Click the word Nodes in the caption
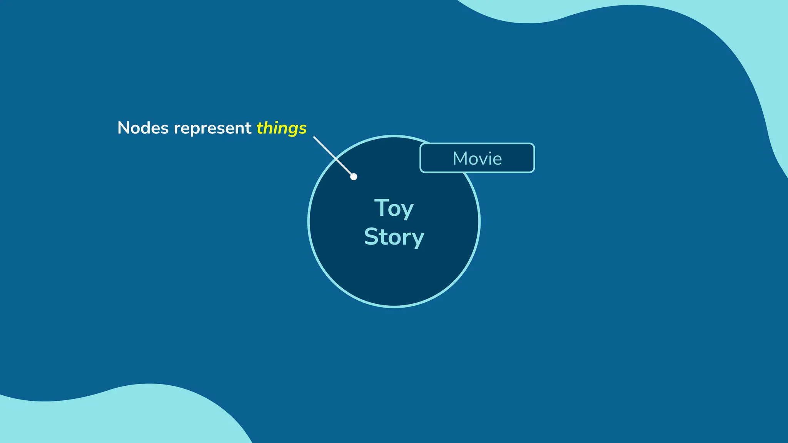143,128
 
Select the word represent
212,128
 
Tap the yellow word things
282,128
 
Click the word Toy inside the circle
394,208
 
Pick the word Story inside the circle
394,237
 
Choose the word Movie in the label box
477,158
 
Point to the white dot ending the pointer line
354,177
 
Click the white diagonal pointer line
333,156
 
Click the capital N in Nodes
124,128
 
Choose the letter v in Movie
481,160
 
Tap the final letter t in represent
249,128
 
